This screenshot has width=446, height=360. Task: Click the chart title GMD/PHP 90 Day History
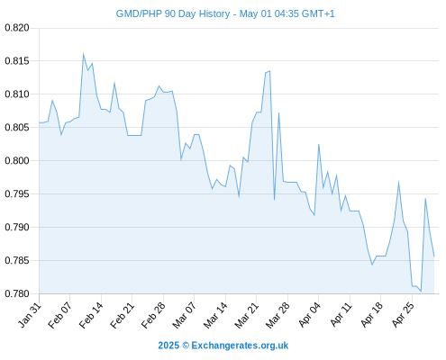(173, 13)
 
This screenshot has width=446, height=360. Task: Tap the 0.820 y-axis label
(17, 28)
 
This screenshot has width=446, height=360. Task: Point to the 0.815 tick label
(17, 61)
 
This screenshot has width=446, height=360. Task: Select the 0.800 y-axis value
(17, 161)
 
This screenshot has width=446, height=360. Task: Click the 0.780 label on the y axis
(17, 293)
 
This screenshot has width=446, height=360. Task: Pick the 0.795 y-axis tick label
(17, 194)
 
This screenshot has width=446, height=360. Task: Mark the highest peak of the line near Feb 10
(83, 54)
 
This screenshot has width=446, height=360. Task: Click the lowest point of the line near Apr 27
(421, 291)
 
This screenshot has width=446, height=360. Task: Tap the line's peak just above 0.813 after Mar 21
(269, 71)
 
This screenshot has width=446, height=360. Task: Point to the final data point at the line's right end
(434, 256)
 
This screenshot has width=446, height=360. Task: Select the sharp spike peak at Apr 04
(319, 145)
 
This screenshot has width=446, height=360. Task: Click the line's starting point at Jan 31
(39, 122)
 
